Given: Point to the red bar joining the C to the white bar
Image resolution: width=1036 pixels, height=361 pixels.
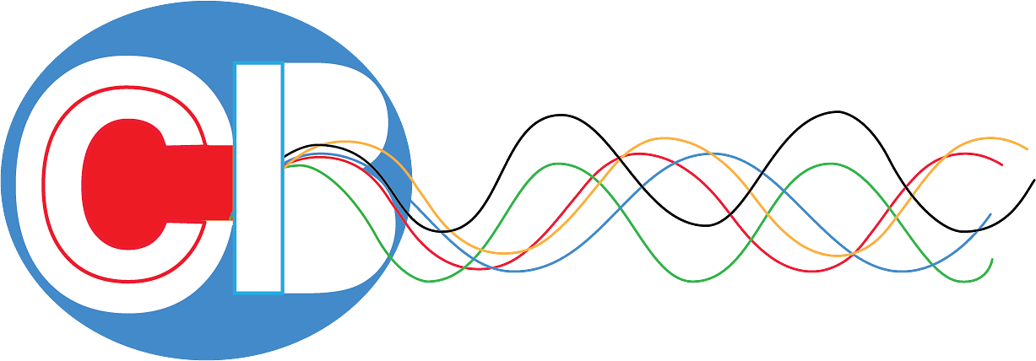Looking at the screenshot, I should (203, 182).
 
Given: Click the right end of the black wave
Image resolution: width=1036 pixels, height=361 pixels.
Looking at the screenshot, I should (1034, 180).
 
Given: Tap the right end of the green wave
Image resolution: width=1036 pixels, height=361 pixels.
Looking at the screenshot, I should (992, 259).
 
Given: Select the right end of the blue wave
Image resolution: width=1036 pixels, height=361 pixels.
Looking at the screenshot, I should (990, 213).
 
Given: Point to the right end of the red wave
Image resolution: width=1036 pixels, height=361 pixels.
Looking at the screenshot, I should (1002, 164).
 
